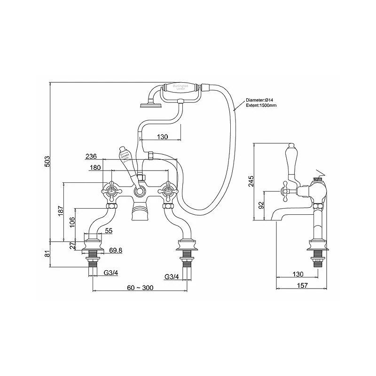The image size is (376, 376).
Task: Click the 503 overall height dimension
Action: pos(47,163)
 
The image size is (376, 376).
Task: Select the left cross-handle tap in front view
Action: pos(111,191)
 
